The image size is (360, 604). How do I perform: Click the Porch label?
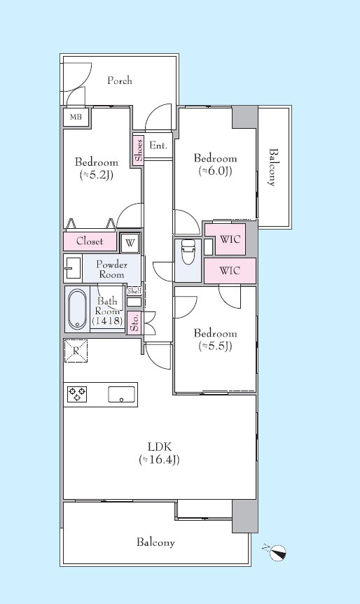pyautogui.click(x=120, y=80)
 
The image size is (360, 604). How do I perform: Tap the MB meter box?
pyautogui.click(x=76, y=117)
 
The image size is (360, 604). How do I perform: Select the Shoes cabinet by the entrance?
pyautogui.click(x=139, y=150)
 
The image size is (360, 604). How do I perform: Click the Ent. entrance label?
pyautogui.click(x=158, y=146)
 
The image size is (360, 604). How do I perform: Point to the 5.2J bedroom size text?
pyautogui.click(x=97, y=175)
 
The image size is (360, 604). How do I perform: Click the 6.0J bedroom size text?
pyautogui.click(x=215, y=171)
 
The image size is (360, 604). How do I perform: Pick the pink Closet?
pyautogui.click(x=90, y=241)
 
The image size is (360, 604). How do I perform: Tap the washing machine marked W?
pyautogui.click(x=130, y=243)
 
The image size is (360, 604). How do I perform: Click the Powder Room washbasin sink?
pyautogui.click(x=73, y=267)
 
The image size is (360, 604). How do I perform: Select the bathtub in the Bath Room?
pyautogui.click(x=77, y=309)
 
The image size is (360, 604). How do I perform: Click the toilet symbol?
pyautogui.click(x=188, y=252)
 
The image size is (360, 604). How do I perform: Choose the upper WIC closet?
pyautogui.click(x=230, y=239)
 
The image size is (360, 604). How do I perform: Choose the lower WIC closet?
pyautogui.click(x=230, y=270)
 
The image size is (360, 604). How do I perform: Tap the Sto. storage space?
pyautogui.click(x=134, y=323)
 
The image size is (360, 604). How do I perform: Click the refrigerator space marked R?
pyautogui.click(x=76, y=351)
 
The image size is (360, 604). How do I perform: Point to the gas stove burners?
pyautogui.click(x=77, y=394)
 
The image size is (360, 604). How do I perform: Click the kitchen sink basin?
pyautogui.click(x=121, y=394)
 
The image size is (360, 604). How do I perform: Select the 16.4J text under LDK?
pyautogui.click(x=159, y=460)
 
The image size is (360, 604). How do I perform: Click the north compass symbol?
pyautogui.click(x=277, y=552)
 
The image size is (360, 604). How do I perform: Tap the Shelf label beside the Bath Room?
pyautogui.click(x=134, y=291)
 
